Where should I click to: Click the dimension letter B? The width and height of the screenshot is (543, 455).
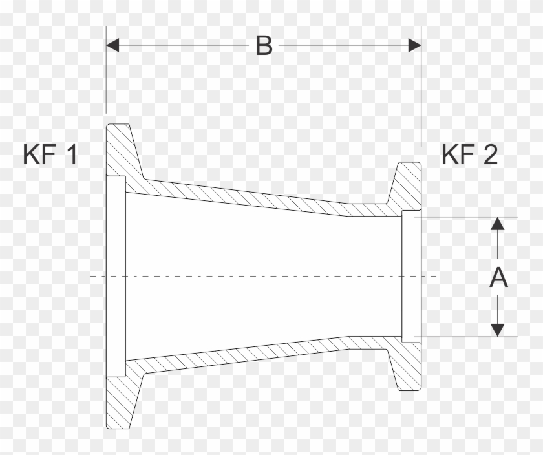coord(264,45)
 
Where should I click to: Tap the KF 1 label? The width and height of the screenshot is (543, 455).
coord(50,155)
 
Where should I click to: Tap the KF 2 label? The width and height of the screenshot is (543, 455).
coord(469,155)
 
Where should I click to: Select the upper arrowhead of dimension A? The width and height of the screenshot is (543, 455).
coord(497,224)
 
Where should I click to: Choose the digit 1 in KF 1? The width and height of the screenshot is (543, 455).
coord(70,155)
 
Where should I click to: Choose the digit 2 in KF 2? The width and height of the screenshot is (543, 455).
coord(489,155)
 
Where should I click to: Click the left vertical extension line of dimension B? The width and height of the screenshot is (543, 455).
coord(105,78)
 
